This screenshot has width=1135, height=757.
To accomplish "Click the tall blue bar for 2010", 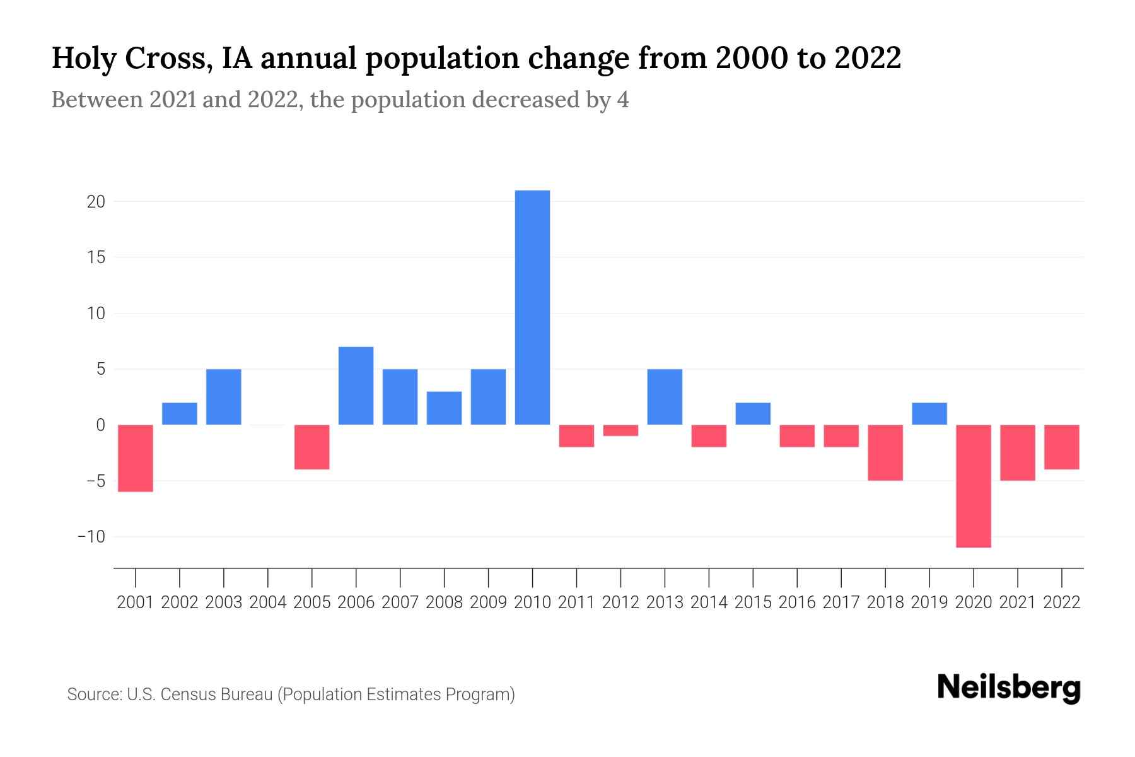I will pos(532,307).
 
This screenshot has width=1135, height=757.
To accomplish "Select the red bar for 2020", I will pos(974,486).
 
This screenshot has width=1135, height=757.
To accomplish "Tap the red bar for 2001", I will pos(136,458).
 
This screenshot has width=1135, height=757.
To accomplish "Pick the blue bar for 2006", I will pos(356,385).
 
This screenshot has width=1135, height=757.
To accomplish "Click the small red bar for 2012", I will pos(620,430).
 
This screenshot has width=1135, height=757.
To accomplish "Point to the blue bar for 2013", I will pos(665,397).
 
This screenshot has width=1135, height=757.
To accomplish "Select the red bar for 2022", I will pos(1062,447).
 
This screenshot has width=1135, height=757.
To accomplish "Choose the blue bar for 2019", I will pos(929,414).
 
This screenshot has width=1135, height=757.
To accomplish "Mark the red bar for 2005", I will pos(312,447).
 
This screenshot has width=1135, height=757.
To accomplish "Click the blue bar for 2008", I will pos(444,408).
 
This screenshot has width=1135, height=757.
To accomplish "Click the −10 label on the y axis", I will pos(91,537).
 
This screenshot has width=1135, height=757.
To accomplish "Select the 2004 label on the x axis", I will pos(268,602).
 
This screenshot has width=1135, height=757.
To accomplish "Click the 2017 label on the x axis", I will pos(841,602).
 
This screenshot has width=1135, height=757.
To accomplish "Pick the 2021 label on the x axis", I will pos(1018,602).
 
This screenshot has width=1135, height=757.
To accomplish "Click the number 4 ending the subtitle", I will pos(623,100).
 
